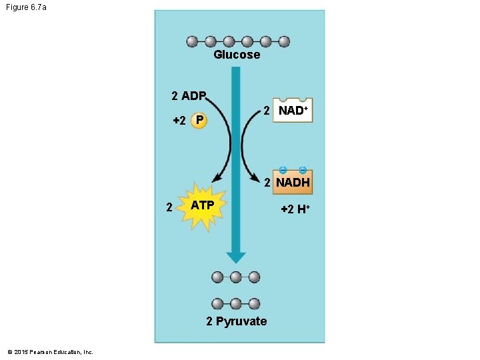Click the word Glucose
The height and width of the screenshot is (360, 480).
click(x=237, y=55)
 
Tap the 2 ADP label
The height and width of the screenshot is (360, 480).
click(x=189, y=96)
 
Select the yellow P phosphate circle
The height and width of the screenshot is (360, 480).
click(x=198, y=121)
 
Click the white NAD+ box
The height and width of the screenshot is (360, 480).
click(x=291, y=111)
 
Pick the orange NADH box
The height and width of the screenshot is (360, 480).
click(x=293, y=182)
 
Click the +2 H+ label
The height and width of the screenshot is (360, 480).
click(x=295, y=209)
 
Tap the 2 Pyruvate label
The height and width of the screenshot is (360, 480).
click(x=236, y=321)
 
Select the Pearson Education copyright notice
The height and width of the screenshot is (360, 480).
click(x=50, y=351)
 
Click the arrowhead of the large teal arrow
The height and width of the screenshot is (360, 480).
click(x=236, y=257)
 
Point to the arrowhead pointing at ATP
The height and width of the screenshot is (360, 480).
click(x=215, y=178)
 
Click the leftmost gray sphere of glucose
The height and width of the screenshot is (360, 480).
click(x=193, y=41)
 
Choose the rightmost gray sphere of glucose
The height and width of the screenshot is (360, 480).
click(x=284, y=41)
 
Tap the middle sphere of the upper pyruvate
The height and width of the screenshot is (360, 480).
click(x=236, y=277)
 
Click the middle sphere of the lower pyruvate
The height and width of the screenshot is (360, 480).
click(x=236, y=304)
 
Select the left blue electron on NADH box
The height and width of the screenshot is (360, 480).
click(x=283, y=169)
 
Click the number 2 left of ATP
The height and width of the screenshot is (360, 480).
click(x=169, y=207)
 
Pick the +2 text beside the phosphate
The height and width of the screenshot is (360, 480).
click(x=179, y=121)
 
